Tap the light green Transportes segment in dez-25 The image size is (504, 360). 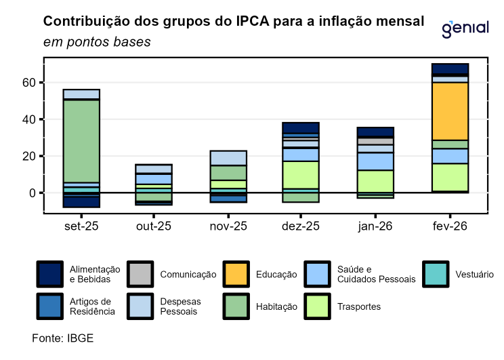pos(300,175)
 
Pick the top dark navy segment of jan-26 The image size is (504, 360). pos(375,132)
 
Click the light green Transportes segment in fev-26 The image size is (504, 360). pos(450,178)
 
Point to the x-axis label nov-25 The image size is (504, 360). pos(228,225)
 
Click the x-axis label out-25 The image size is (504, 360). pos(154,225)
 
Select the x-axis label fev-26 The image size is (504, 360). pos(449,225)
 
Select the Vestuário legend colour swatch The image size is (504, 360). pos(437,274)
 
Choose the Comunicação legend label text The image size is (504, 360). pos(188,275)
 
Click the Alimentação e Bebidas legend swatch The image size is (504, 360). pos(49,274)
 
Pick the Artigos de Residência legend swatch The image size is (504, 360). pos(49,306)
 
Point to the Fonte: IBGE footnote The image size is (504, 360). pos(63,337)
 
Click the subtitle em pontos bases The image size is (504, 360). pos(97,42)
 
